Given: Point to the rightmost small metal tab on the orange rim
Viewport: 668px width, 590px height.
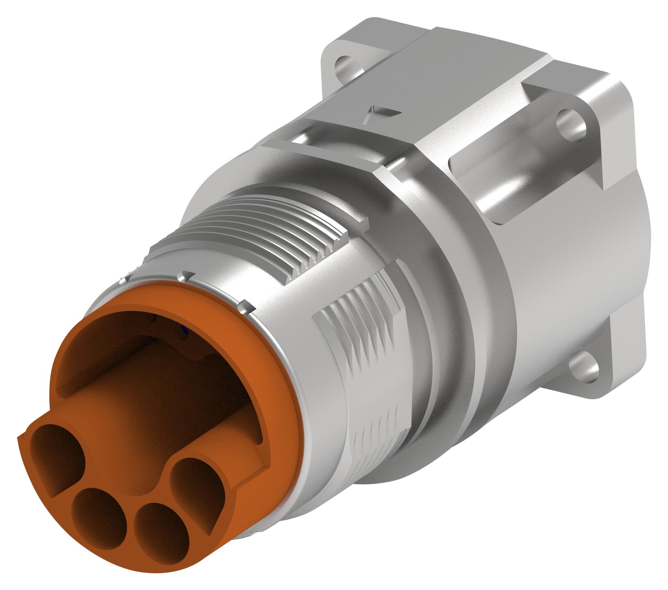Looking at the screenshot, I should tap(244, 306).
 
